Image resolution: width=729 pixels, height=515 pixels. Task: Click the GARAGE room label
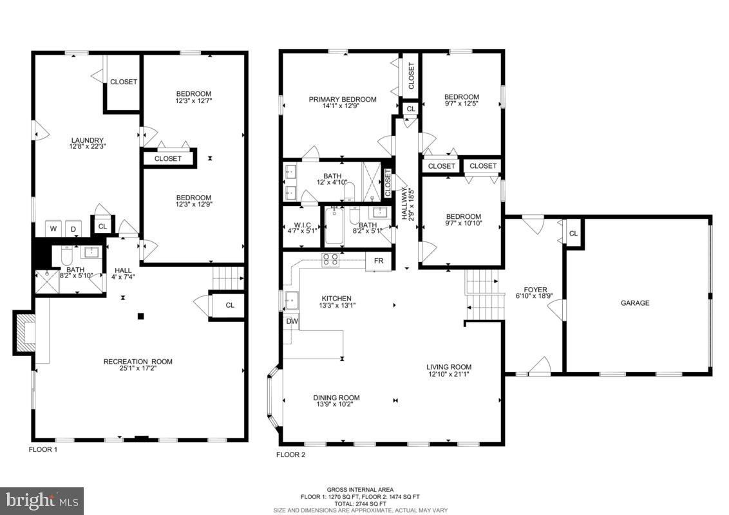pos(634,303)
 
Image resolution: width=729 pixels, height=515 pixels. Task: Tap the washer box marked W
pos(53,228)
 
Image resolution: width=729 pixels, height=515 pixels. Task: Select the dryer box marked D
pos(73,228)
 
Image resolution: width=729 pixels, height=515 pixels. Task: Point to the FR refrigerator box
pos(378,261)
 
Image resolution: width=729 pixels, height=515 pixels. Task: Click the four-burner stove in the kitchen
pos(330,260)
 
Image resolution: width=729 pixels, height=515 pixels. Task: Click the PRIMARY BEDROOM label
pos(342,99)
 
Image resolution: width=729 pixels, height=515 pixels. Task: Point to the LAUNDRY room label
pos(87,140)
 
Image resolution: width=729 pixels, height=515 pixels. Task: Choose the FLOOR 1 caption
pos(43,450)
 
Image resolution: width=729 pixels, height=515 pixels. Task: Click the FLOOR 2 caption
pos(290,454)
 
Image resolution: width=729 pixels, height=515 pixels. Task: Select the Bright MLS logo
pos(42,500)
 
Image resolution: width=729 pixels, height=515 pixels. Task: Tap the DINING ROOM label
pos(336,398)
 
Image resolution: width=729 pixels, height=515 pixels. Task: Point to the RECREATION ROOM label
pos(138,362)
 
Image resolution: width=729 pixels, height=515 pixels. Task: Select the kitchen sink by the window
pos(293,300)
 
